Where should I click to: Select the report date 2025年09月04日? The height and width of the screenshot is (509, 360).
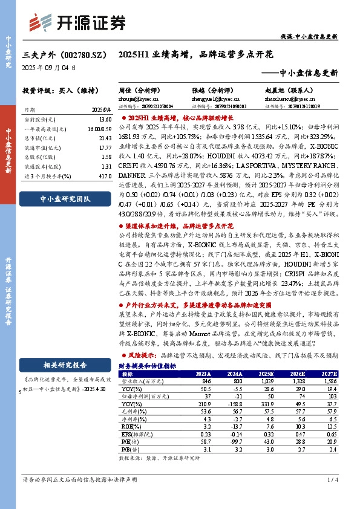50,68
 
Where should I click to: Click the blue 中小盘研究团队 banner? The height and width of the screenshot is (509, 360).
65,198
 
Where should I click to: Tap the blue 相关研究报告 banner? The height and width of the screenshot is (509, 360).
65,365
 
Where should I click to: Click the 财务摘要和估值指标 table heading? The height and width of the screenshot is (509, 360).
147,366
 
